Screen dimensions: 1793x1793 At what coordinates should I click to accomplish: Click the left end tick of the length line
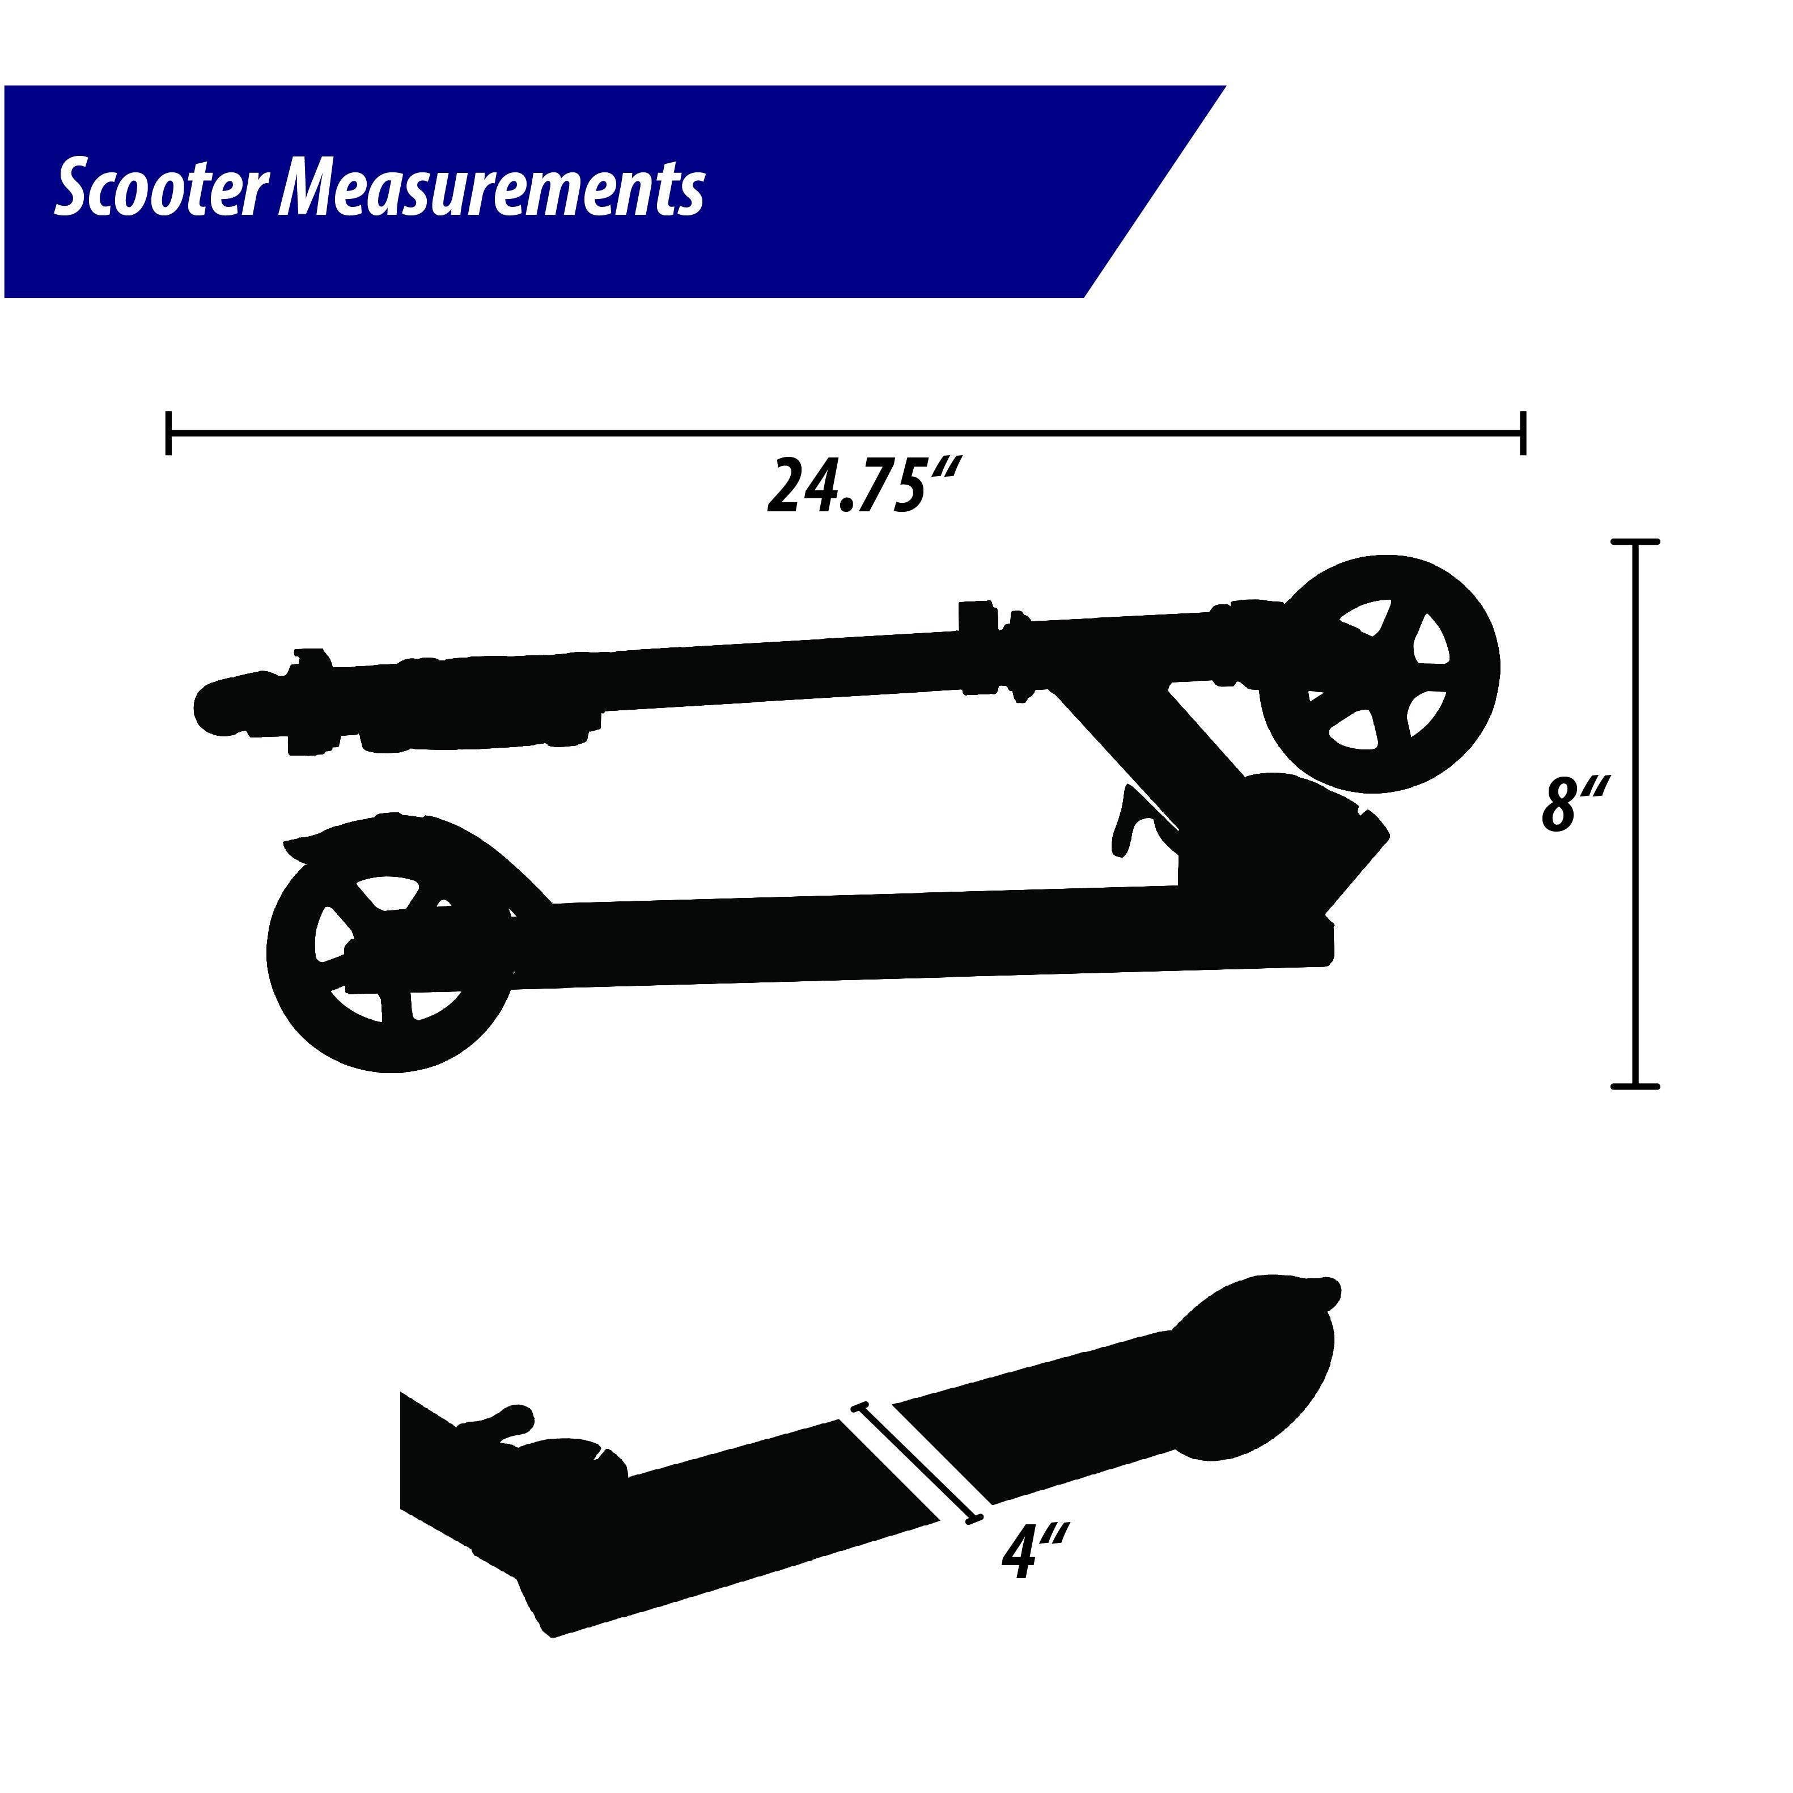coord(168,433)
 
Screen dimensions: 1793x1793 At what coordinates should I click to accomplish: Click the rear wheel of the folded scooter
coord(390,953)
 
